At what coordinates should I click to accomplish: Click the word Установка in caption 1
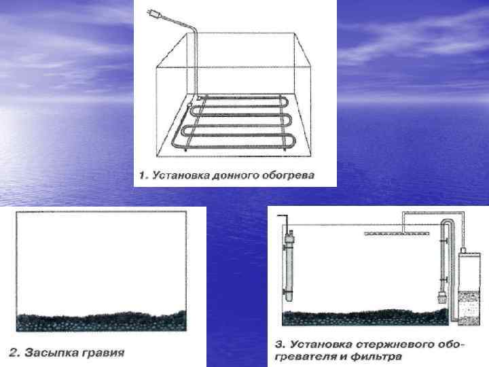click(174, 175)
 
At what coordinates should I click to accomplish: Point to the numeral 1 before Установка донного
click(142, 175)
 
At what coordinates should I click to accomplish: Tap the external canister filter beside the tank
click(467, 285)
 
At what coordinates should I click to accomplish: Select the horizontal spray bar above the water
click(395, 233)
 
